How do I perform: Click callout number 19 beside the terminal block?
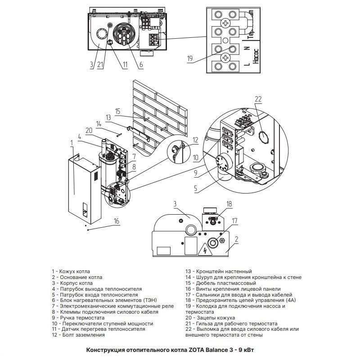pos(190,58)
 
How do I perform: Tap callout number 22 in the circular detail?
pos(257,99)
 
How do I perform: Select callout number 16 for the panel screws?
pos(117,221)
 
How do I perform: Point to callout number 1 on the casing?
pos(72,143)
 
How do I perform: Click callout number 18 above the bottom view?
pos(230,204)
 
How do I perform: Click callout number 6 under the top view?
pos(141,65)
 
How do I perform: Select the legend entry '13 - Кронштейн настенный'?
pos(218,271)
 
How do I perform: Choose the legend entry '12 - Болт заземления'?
pos(78,335)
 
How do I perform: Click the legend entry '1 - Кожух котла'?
pos(71,271)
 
